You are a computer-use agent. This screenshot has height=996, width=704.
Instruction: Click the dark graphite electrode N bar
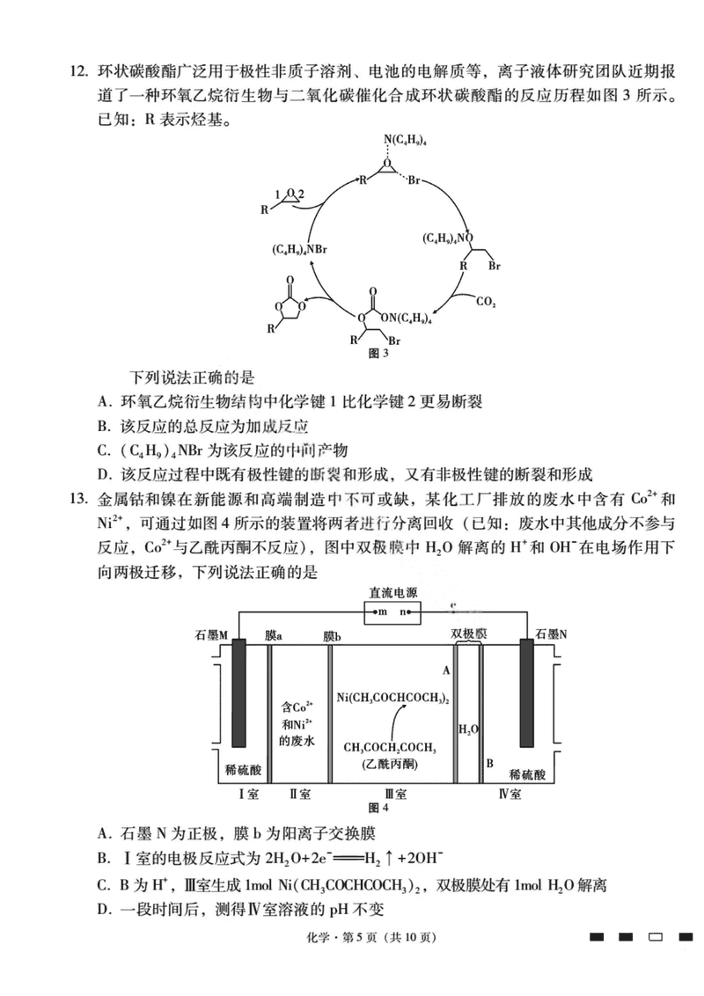(527, 694)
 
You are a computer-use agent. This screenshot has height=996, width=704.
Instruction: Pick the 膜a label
(274, 634)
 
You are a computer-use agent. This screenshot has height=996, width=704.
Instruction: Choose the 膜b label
(332, 634)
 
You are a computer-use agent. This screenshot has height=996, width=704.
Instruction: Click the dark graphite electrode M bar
(238, 694)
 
